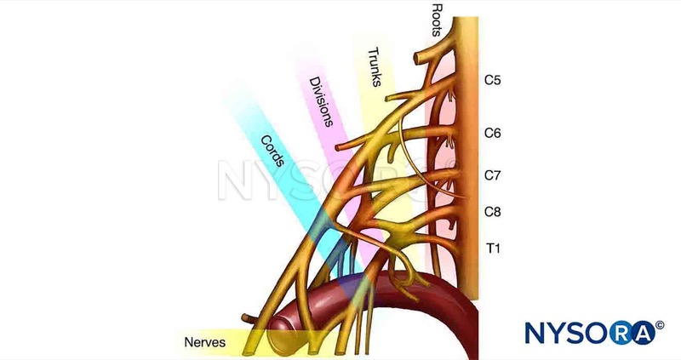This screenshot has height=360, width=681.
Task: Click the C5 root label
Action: (x=493, y=82)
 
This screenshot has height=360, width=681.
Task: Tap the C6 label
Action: (x=493, y=134)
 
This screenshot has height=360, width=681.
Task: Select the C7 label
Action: (x=493, y=175)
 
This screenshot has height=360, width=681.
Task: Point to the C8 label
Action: (x=493, y=210)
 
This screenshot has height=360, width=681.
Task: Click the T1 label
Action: (x=492, y=248)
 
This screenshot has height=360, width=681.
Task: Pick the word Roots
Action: (x=438, y=20)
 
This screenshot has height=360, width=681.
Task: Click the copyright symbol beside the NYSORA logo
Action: (x=661, y=323)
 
